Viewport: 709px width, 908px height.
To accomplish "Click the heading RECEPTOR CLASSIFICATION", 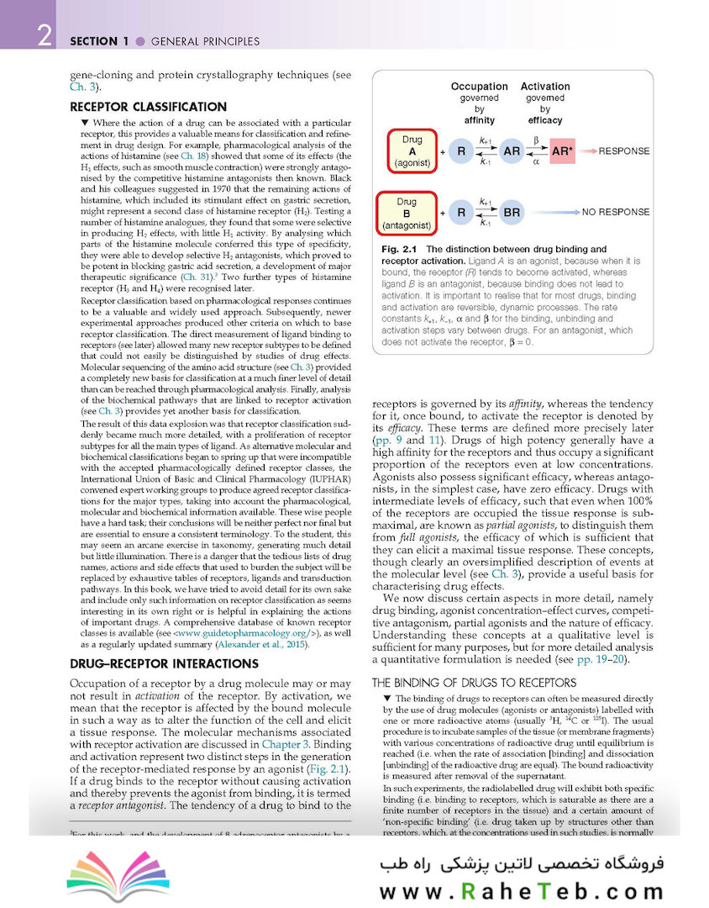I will click(x=148, y=107).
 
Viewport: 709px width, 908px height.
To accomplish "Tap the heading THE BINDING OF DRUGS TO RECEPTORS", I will click(x=474, y=683).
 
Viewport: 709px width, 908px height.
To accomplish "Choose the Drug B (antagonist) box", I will click(x=407, y=214).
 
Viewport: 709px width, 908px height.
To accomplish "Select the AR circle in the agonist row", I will click(x=512, y=151).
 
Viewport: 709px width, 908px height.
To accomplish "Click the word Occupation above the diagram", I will click(x=479, y=87).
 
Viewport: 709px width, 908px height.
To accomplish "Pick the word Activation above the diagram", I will click(x=545, y=87).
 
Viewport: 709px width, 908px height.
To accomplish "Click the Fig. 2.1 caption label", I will click(x=400, y=250).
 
